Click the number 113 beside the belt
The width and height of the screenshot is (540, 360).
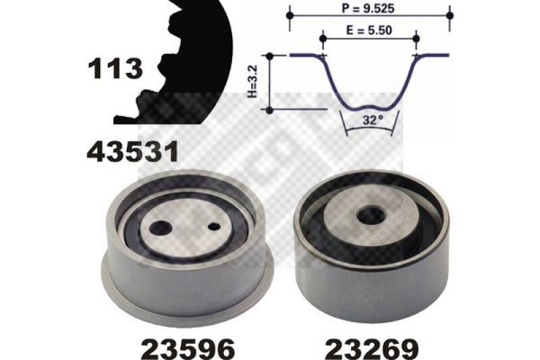point(115,68)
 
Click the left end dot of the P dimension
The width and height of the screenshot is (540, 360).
point(290,14)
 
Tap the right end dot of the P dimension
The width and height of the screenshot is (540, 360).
point(450,14)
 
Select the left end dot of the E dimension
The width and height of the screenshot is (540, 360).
point(323,38)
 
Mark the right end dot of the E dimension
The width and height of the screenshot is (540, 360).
point(416,38)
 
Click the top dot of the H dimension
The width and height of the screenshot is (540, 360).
point(270,57)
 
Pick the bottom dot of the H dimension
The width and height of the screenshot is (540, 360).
point(270,108)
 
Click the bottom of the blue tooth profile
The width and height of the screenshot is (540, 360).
point(369,107)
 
